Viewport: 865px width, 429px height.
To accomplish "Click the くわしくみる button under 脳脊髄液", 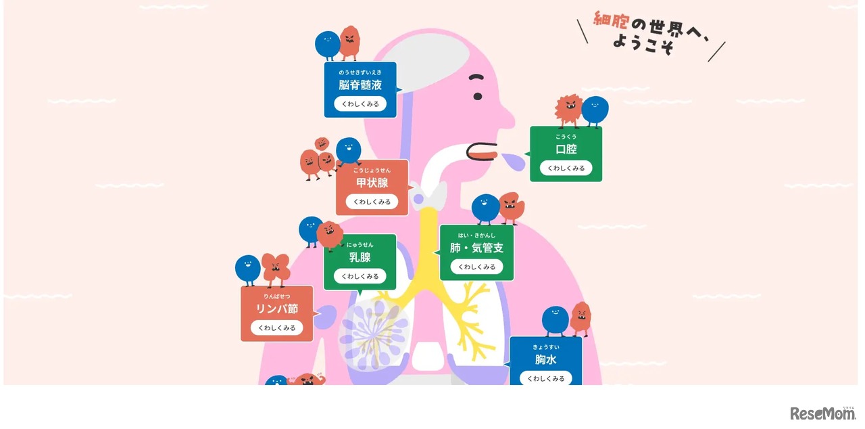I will (360, 104).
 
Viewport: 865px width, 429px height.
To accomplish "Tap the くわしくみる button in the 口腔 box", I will (566, 168).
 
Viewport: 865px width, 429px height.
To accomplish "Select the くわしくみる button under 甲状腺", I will (372, 202).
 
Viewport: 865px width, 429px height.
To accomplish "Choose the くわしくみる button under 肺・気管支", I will (476, 267).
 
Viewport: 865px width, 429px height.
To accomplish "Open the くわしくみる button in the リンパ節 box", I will (276, 328).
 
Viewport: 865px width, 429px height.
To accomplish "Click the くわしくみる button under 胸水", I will (545, 378).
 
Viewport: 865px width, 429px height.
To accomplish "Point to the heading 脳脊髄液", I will (360, 85).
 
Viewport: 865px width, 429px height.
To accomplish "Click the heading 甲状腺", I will (372, 183).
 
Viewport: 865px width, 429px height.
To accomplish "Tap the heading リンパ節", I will (276, 309).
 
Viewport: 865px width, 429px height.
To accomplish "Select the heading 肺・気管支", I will (476, 248).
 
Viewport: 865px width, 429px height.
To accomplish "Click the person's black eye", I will (478, 96).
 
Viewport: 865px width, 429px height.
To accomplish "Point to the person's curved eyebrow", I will (477, 77).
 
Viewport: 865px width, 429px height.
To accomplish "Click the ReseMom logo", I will (822, 413).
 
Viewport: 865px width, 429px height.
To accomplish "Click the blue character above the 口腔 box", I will (595, 110).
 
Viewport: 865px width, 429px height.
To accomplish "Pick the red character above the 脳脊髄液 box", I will (349, 42).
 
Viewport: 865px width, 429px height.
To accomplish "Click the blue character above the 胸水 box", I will (555, 320).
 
